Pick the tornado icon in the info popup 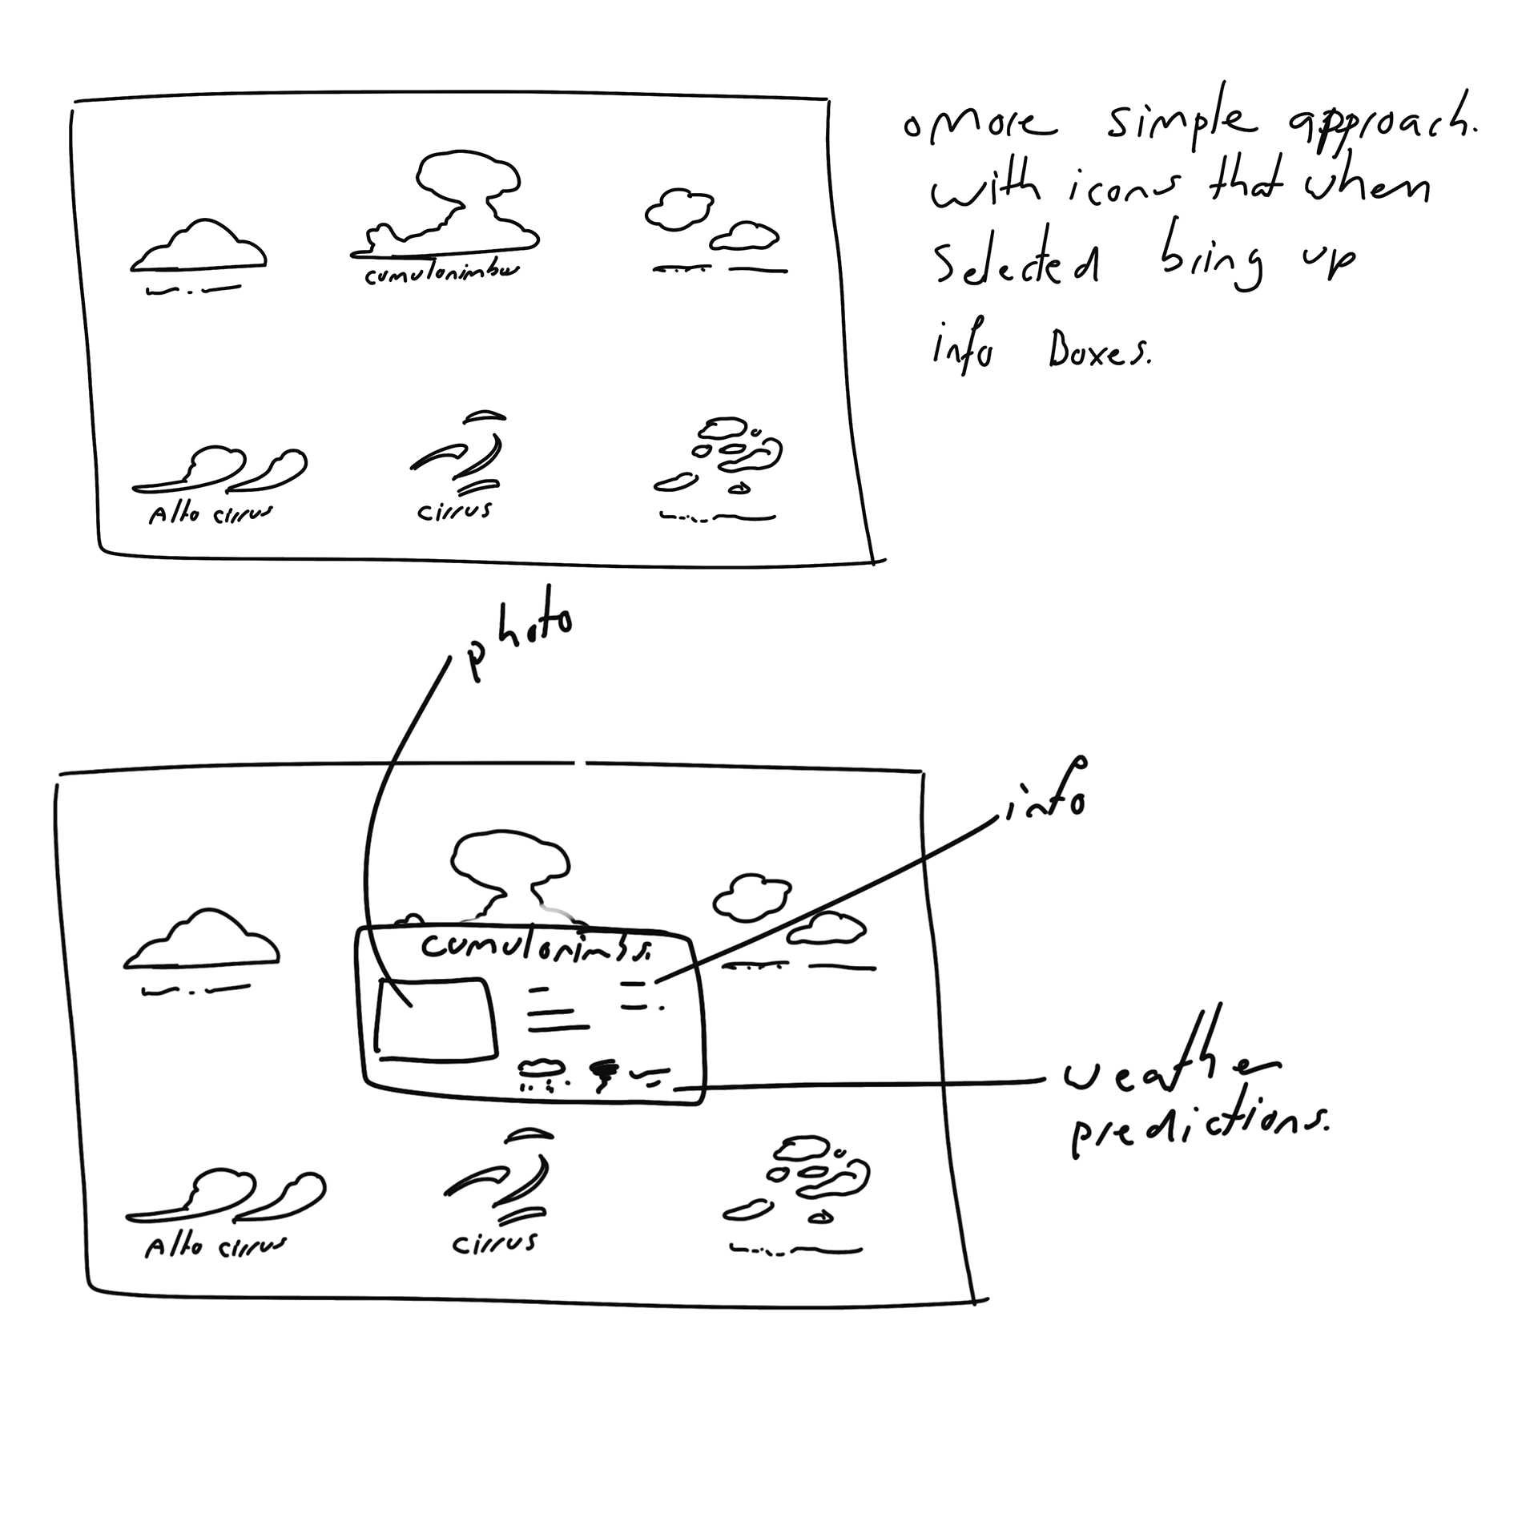point(603,1074)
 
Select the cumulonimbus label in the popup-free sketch point(441,273)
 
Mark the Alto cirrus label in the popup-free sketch point(210,513)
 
